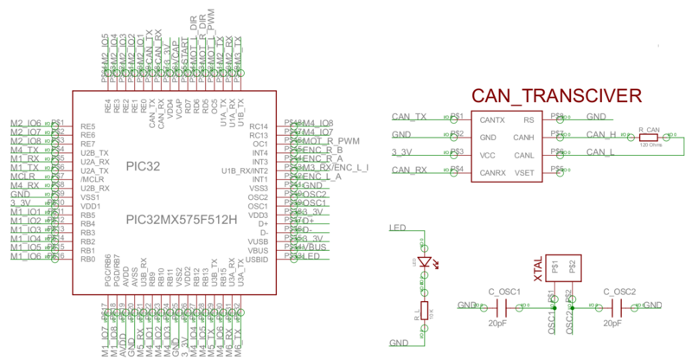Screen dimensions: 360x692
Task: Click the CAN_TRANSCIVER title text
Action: pyautogui.click(x=555, y=96)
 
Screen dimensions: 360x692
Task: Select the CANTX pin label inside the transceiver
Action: pyautogui.click(x=492, y=119)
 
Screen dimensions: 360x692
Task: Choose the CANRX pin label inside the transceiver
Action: pyautogui.click(x=493, y=173)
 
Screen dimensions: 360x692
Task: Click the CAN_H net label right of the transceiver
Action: pyautogui.click(x=600, y=134)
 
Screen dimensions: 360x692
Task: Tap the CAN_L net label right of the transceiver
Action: pyautogui.click(x=599, y=152)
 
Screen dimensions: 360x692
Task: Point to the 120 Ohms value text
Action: pyautogui.click(x=650, y=145)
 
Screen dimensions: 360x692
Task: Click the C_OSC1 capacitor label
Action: pyautogui.click(x=503, y=292)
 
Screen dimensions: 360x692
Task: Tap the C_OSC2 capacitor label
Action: pyautogui.click(x=619, y=292)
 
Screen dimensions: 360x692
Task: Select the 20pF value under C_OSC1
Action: pyautogui.click(x=497, y=323)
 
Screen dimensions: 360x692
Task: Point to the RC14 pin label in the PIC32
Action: pyautogui.click(x=258, y=126)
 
